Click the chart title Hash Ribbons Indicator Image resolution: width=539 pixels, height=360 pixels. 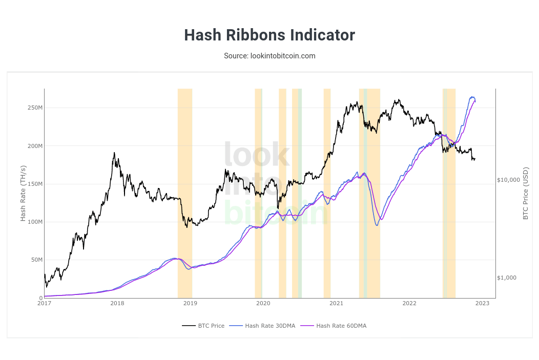click(269, 35)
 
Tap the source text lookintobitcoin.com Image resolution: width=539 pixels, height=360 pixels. click(269, 55)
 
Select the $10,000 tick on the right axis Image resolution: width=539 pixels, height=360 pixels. click(508, 180)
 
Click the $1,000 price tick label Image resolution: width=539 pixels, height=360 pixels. click(507, 278)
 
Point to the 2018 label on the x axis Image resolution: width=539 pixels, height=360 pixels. click(117, 304)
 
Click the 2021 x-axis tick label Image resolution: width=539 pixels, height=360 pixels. click(336, 304)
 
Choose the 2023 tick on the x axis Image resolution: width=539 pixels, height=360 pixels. click(482, 304)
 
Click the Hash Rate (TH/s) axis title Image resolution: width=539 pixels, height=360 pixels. click(23, 194)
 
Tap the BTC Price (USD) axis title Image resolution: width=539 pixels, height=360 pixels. click(526, 194)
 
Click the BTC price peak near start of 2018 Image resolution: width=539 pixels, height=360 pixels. click(114, 153)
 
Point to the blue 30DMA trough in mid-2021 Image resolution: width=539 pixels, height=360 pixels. click(377, 225)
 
